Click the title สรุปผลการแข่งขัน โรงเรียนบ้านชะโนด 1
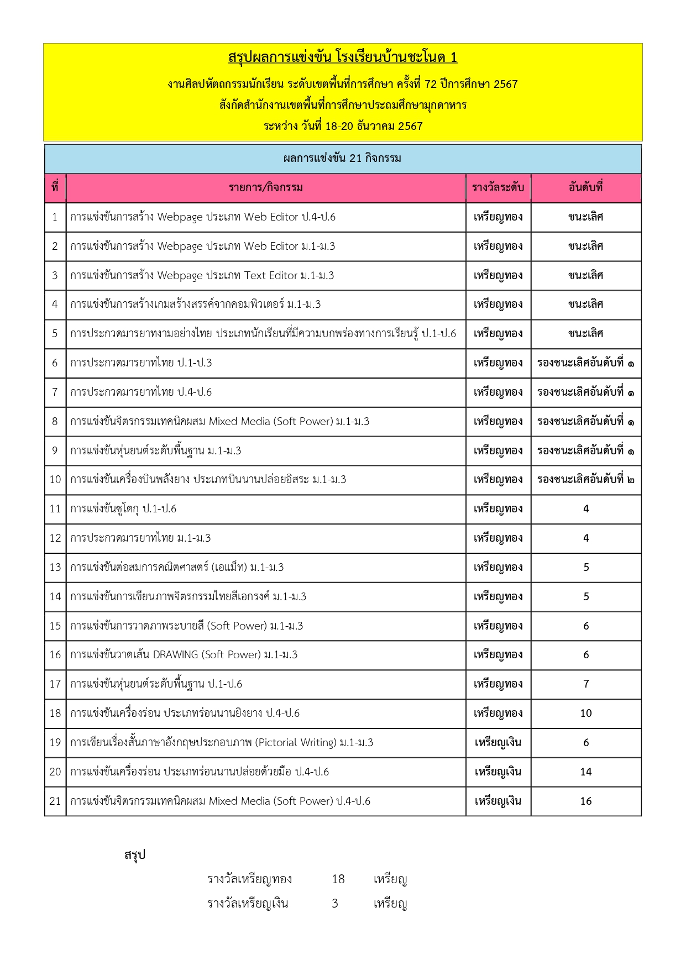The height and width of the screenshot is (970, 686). (x=343, y=57)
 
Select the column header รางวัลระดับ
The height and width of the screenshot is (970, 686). (x=498, y=187)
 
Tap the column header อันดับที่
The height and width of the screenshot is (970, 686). (x=586, y=187)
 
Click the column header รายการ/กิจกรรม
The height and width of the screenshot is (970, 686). (x=266, y=187)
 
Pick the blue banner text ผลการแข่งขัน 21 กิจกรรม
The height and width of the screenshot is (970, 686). (x=343, y=158)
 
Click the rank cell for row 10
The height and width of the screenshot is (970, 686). (x=586, y=479)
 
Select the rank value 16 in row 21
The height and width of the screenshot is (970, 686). (x=586, y=801)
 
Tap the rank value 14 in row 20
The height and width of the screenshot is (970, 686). (x=586, y=772)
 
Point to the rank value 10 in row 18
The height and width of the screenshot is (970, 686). (x=586, y=713)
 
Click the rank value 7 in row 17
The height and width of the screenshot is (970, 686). (x=586, y=684)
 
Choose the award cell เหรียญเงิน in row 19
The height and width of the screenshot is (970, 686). (x=498, y=742)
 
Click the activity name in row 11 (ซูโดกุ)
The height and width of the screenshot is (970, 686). (x=123, y=508)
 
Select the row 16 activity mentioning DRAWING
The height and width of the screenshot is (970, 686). (x=184, y=654)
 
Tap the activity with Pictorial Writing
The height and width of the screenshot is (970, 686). (x=222, y=742)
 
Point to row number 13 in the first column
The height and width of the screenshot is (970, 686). (x=55, y=567)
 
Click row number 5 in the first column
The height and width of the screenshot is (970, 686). (x=55, y=333)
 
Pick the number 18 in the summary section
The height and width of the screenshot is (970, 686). (x=338, y=879)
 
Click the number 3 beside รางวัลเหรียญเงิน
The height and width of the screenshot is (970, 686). (x=335, y=903)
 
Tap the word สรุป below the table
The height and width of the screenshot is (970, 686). (x=135, y=855)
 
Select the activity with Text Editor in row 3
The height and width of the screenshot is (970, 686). (x=202, y=275)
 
